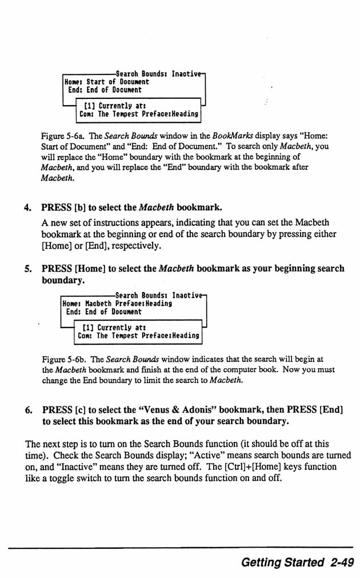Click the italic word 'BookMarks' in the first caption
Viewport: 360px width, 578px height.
[x=230, y=137]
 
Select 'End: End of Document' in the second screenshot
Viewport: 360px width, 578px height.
[x=103, y=312]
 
